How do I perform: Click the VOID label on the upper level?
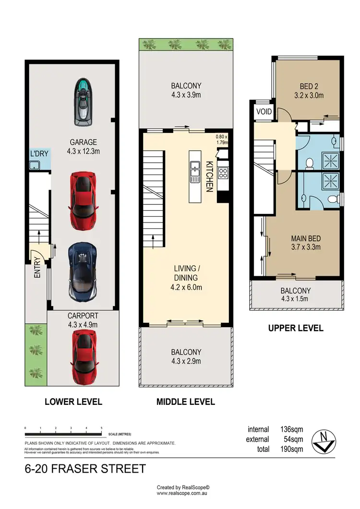pyautogui.click(x=264, y=112)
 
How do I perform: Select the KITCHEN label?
pyautogui.click(x=209, y=176)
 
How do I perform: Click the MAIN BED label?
pyautogui.click(x=306, y=238)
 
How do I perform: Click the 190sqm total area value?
pyautogui.click(x=291, y=449)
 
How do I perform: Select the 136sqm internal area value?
pyautogui.click(x=291, y=429)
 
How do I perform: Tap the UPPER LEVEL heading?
pyautogui.click(x=296, y=329)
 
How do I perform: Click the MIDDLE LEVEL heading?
pyautogui.click(x=185, y=402)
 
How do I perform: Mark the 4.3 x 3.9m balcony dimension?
pyautogui.click(x=186, y=95)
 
